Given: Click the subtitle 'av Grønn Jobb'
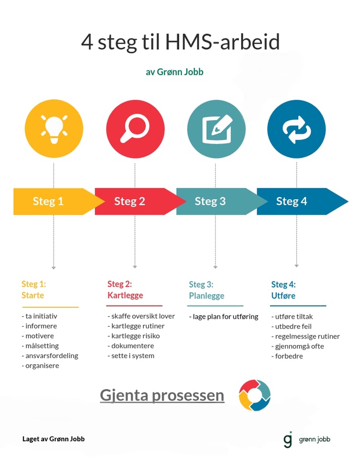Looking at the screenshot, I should click(x=175, y=72).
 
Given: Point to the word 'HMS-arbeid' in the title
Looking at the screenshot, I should click(x=222, y=43).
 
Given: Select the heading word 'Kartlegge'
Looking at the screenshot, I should click(x=125, y=295).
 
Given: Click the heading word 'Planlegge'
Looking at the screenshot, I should click(x=207, y=296).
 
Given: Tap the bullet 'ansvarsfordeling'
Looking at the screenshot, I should click(x=52, y=356).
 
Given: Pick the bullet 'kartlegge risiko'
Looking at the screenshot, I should click(x=133, y=336).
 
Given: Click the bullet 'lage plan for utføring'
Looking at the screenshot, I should click(x=225, y=317).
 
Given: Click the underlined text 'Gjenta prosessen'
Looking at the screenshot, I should click(x=162, y=395).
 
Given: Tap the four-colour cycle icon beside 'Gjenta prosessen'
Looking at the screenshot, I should click(x=255, y=395).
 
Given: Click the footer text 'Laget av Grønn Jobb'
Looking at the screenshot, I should click(x=54, y=439).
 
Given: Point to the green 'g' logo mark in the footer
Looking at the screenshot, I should click(x=288, y=439).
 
